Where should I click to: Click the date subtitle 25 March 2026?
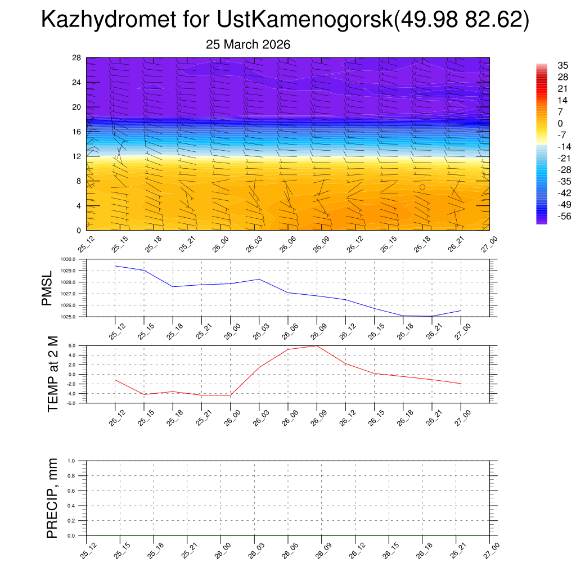248,44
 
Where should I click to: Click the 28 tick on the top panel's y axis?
77,58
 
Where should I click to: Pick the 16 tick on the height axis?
77,132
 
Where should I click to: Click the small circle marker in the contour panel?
422,187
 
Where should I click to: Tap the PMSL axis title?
47,288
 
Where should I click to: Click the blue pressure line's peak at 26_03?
259,279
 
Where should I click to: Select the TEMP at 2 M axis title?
53,373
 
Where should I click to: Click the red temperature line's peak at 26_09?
317,345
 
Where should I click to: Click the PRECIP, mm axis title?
52,498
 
